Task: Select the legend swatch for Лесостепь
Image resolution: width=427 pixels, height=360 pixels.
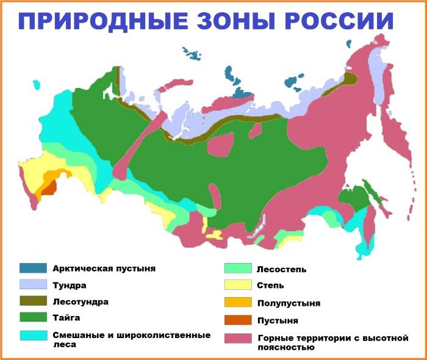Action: coord(238,268)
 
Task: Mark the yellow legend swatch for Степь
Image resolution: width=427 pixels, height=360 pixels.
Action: coord(238,285)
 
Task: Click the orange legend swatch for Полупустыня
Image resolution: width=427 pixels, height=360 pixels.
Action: coord(238,303)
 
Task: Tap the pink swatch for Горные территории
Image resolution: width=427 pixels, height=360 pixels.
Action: coord(238,337)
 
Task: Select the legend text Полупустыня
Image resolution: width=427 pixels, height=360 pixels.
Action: coord(289,303)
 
